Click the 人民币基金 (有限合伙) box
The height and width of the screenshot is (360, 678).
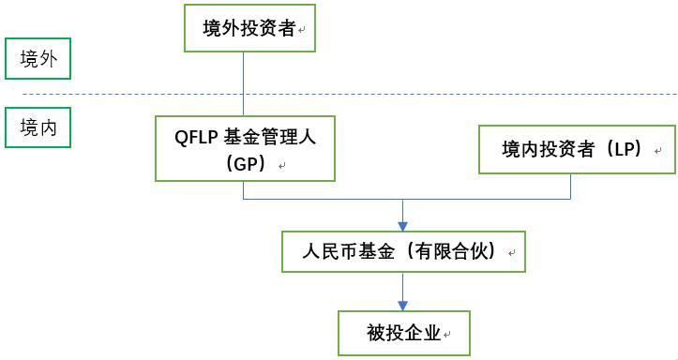402,251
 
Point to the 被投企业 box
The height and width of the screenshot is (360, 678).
402,332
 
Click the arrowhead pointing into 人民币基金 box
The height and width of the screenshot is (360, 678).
402,225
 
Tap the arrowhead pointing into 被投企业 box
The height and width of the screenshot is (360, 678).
402,306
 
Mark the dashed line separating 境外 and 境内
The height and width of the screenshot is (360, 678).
375,94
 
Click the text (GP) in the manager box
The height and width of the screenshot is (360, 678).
246,162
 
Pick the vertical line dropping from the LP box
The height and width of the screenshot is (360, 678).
571,187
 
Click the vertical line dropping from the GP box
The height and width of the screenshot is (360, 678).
244,189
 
